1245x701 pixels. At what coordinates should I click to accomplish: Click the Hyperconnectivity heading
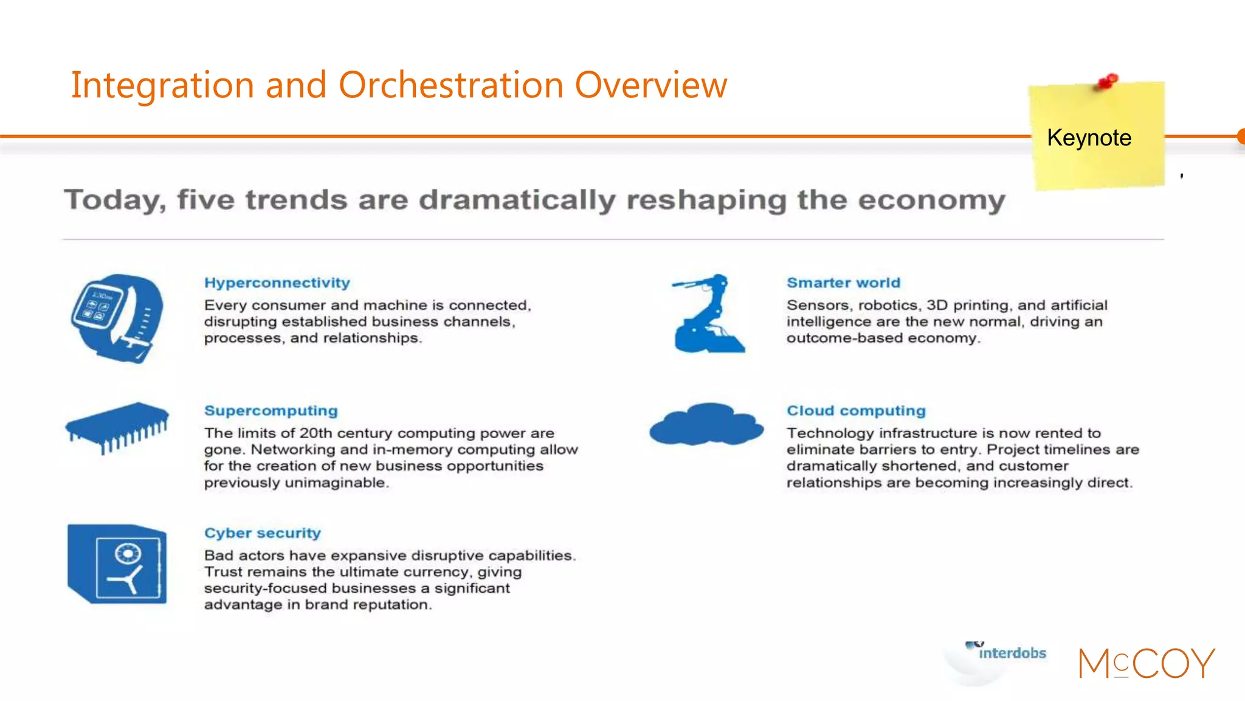[x=277, y=283]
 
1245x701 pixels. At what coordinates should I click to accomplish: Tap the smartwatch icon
[x=117, y=318]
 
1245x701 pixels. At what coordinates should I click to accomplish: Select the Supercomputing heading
[x=271, y=411]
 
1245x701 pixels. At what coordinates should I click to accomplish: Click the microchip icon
[x=117, y=426]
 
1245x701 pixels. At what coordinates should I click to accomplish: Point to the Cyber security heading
[x=262, y=533]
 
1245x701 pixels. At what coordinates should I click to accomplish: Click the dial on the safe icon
[x=128, y=554]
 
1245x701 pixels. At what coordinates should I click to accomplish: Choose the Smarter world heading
[x=843, y=283]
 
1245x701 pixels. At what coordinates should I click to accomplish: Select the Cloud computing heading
[x=856, y=411]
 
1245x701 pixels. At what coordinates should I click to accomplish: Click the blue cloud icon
[x=706, y=424]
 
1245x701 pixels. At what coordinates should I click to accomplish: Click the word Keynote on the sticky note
[x=1089, y=138]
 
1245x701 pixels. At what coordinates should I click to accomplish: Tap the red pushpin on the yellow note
[x=1108, y=82]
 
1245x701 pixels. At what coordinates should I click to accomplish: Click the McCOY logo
[x=1147, y=663]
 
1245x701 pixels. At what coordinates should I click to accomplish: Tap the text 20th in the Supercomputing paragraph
[x=316, y=433]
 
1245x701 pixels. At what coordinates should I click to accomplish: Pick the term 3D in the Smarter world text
[x=937, y=305]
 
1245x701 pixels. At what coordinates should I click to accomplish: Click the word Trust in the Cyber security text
[x=223, y=572]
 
